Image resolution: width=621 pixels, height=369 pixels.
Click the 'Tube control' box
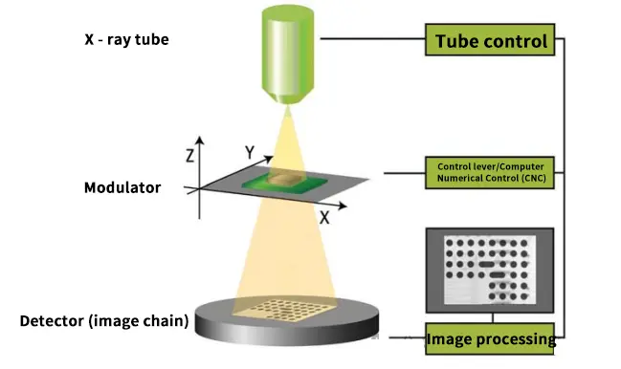(492, 41)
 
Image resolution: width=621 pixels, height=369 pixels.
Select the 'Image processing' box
(491, 338)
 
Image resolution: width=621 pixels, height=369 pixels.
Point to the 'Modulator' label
(122, 187)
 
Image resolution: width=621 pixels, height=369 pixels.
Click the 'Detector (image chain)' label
(103, 321)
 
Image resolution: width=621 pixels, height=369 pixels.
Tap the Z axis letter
(191, 152)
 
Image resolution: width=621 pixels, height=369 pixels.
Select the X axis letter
(324, 217)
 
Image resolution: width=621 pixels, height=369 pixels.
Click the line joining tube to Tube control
(373, 40)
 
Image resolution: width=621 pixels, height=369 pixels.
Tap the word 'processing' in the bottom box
(521, 338)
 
